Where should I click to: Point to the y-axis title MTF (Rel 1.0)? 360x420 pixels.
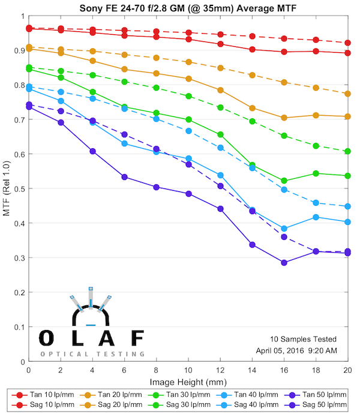7,188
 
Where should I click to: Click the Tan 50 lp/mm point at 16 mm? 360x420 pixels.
284,263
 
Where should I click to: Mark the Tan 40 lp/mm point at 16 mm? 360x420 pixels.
284,229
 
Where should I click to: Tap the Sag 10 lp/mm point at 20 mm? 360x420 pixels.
348,43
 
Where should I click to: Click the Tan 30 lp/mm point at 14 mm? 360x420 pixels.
253,165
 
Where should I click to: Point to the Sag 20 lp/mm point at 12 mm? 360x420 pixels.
220,68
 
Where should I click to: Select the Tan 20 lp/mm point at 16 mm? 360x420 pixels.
284,118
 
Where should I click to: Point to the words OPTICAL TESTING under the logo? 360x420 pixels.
92,354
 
